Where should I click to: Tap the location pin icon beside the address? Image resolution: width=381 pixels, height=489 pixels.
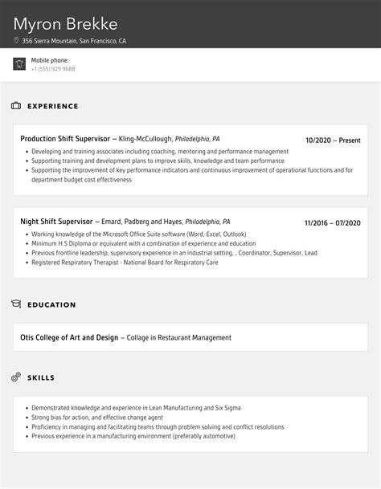(x=16, y=41)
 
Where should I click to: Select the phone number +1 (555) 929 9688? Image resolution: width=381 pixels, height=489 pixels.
(x=53, y=69)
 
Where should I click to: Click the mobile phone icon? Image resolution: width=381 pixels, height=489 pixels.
(x=19, y=64)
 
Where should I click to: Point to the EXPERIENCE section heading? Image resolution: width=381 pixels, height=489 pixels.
(x=52, y=106)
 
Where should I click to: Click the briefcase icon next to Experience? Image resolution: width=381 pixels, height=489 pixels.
(x=16, y=106)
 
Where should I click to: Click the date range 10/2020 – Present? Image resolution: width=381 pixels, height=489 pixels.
(x=333, y=141)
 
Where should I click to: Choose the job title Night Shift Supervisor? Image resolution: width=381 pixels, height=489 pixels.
(x=56, y=222)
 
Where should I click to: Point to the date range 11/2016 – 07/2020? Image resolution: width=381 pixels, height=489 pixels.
(x=332, y=223)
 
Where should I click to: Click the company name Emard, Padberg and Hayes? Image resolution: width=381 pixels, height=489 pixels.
(x=141, y=222)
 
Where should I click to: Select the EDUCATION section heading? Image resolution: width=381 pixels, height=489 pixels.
(x=51, y=305)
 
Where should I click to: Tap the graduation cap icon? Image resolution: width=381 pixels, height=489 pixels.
(x=16, y=304)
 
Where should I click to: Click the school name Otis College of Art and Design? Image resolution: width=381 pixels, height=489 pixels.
(x=69, y=338)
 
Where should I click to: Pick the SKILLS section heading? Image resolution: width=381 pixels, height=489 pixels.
(x=41, y=377)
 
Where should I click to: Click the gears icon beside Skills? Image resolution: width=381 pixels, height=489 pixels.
(x=16, y=377)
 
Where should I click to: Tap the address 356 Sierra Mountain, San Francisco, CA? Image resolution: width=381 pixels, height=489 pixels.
(x=74, y=41)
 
